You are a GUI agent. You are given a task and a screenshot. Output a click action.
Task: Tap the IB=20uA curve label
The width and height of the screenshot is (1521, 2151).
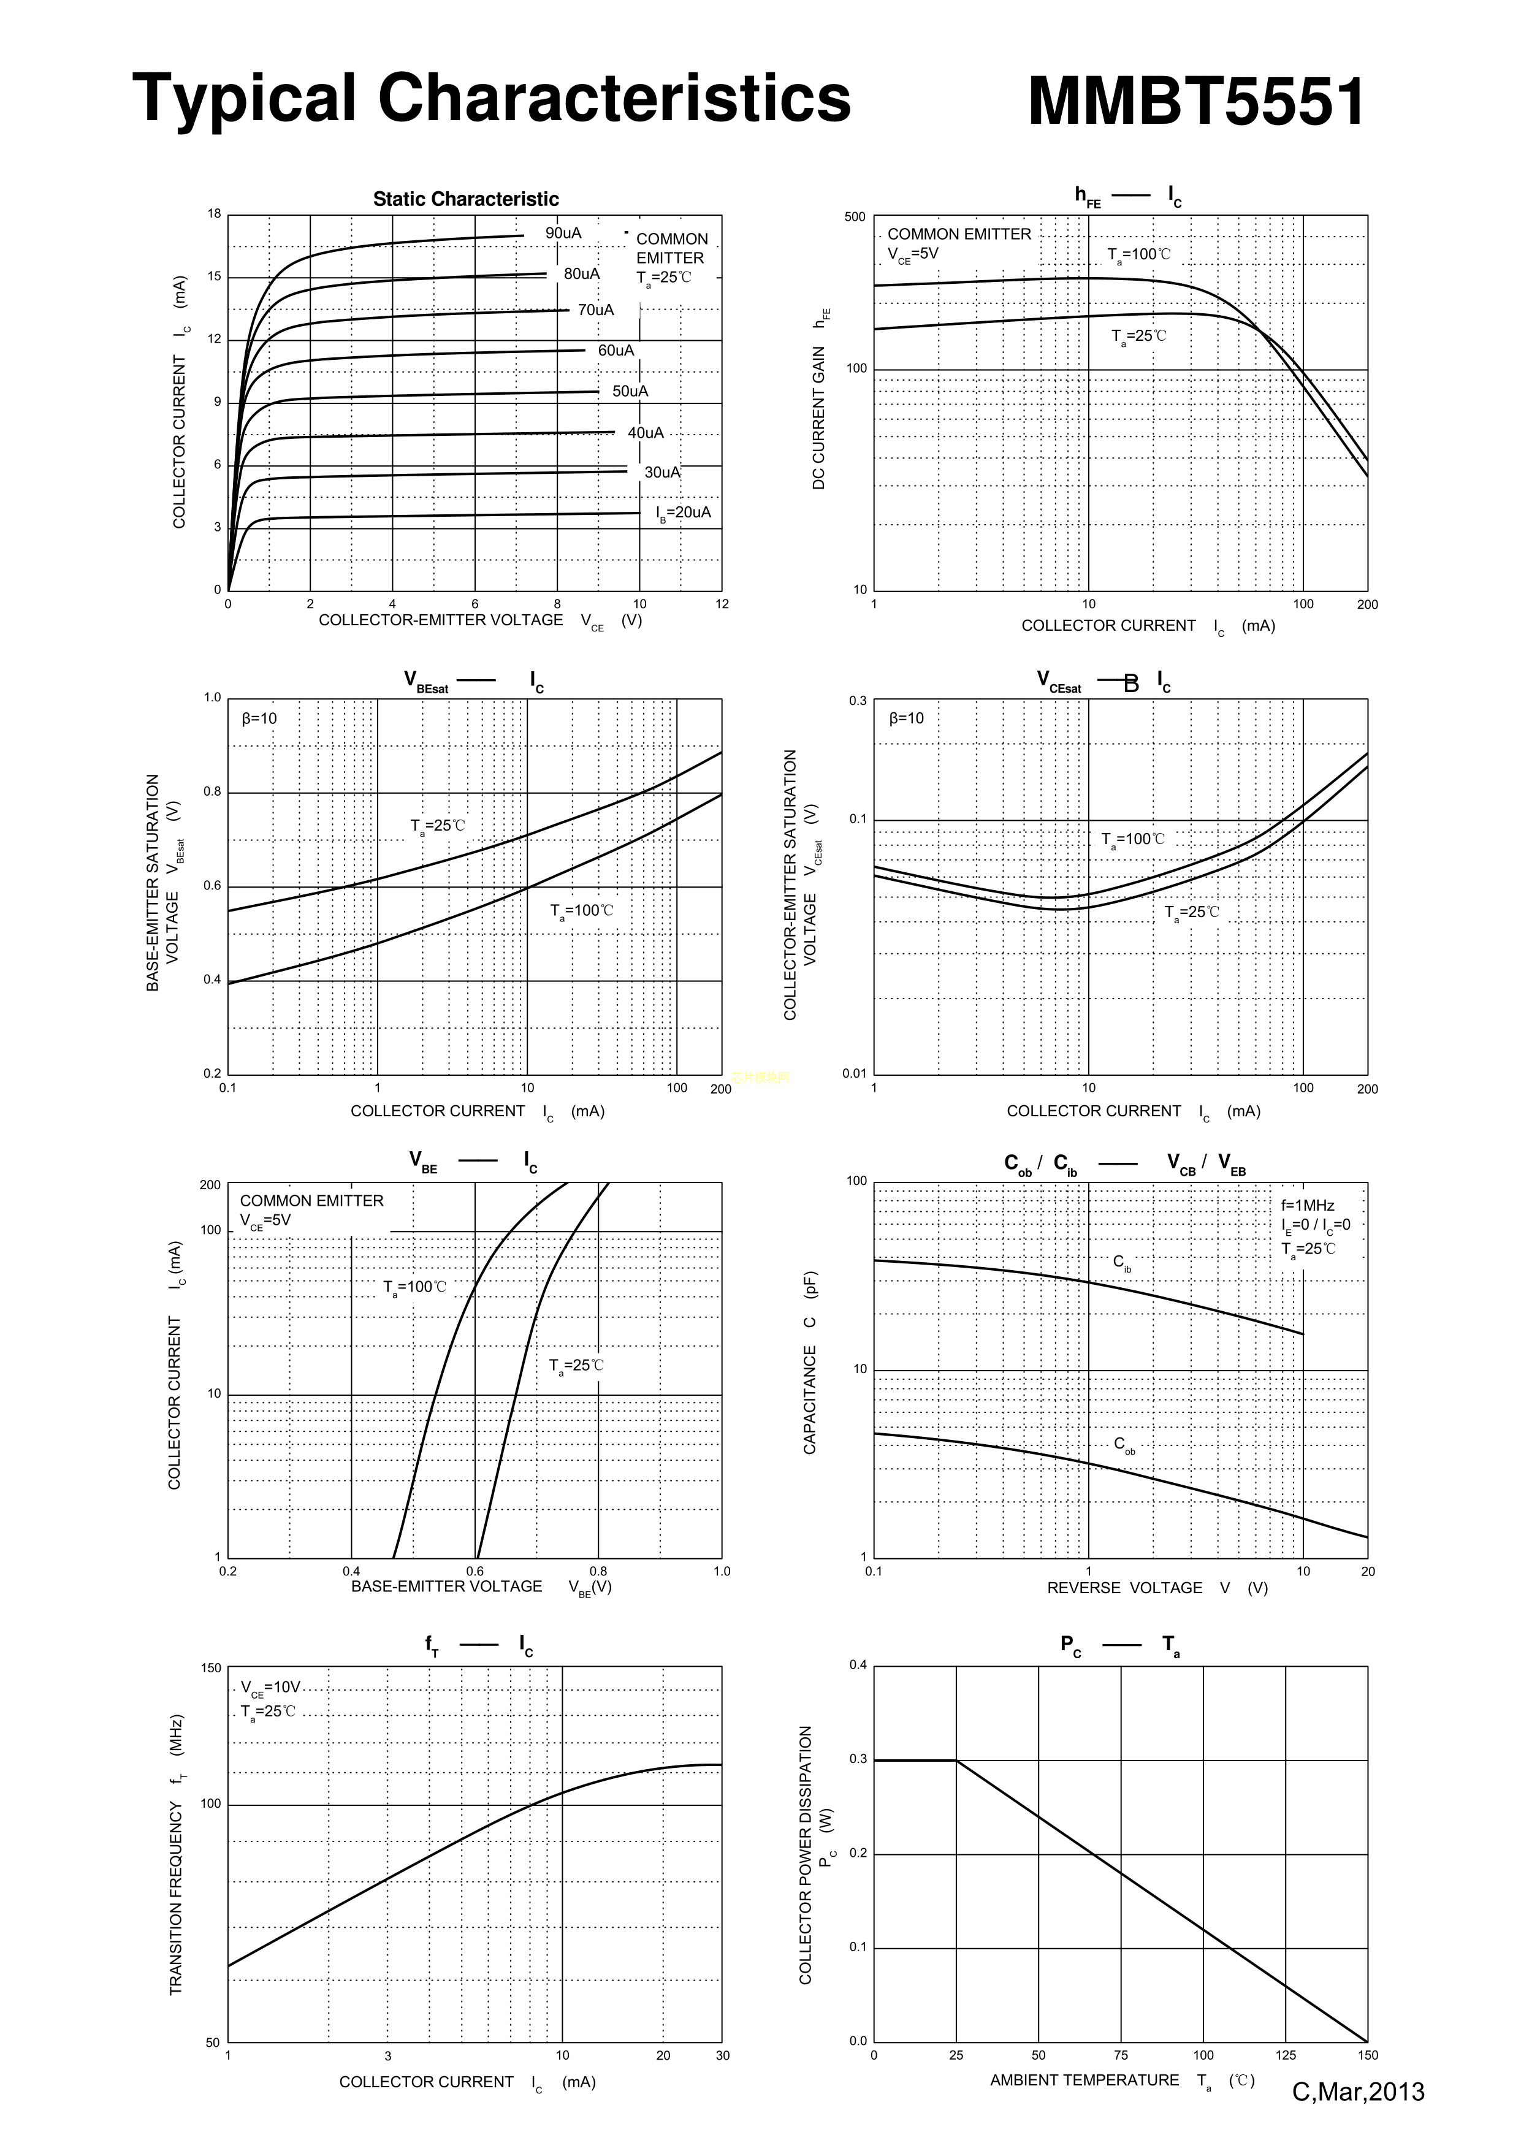coord(683,512)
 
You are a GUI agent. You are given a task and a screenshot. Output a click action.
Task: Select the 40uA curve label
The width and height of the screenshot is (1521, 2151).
coord(645,433)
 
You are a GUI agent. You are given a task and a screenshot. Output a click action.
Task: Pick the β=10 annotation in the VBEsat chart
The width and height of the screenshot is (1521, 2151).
coord(259,718)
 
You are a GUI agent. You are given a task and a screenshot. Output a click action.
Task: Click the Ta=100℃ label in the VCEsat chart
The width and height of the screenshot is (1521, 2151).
coord(1133,839)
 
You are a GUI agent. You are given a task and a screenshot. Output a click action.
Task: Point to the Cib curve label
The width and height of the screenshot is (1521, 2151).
coord(1122,1263)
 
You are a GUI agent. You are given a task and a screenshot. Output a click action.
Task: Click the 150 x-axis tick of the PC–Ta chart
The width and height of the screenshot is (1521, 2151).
coord(1367,2055)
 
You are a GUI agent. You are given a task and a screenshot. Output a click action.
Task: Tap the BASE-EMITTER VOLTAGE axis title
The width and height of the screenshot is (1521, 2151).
coord(446,1586)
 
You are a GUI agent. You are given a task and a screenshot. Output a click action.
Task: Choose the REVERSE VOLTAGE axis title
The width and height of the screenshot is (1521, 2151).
coord(1124,1588)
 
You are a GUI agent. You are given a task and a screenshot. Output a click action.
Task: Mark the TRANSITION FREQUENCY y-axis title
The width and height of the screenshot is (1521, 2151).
coord(176,1854)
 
